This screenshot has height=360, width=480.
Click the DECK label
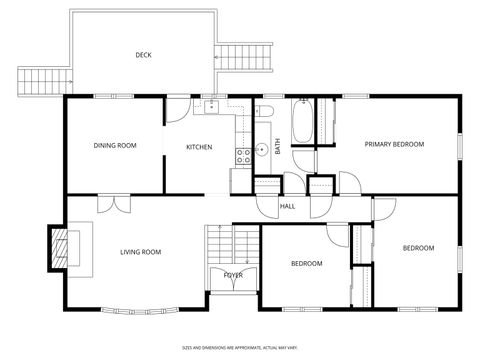point(143,55)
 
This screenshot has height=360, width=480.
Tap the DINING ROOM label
point(115,146)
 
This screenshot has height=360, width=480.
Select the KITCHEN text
point(199,147)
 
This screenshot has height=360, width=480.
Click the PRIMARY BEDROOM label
point(394,144)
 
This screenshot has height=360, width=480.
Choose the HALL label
point(287,206)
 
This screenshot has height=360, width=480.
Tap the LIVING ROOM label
point(141,252)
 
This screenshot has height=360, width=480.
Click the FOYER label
point(233,274)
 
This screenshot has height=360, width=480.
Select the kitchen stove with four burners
point(242,154)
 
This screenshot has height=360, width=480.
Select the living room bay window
point(139,309)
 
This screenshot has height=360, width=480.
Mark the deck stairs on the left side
point(42,78)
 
